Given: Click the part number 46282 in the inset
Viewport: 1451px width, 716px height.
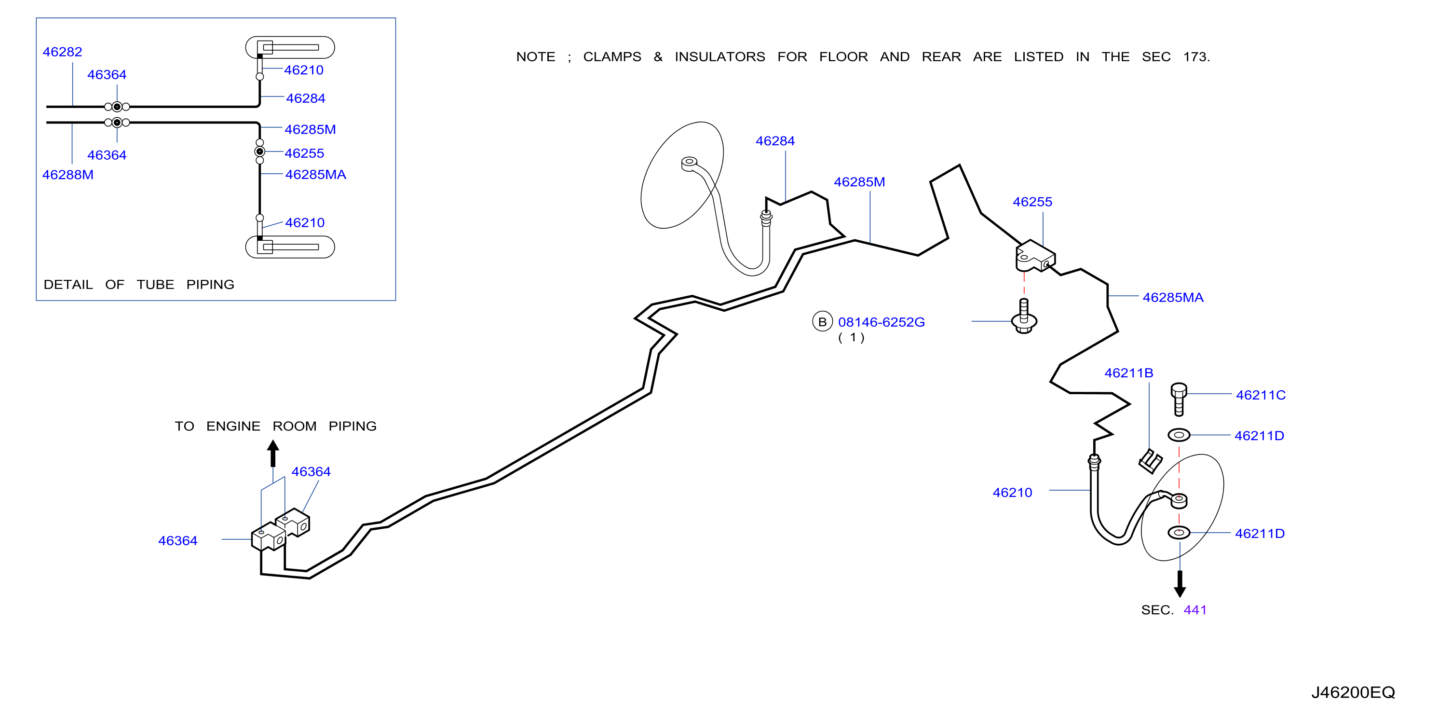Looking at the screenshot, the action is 63,52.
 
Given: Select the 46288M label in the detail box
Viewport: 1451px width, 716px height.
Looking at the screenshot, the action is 68,175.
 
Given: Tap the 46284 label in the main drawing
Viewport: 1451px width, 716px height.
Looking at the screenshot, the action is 775,141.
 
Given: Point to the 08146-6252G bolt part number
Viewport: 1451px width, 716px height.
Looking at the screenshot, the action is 881,322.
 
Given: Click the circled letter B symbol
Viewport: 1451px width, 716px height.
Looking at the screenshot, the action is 822,321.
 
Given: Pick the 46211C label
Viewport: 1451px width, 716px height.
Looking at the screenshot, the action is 1261,395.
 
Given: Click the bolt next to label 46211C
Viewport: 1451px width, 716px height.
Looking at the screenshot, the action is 1179,399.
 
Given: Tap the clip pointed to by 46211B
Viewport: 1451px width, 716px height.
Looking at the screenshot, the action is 1150,461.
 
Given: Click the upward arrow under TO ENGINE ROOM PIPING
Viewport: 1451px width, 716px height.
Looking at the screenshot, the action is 273,453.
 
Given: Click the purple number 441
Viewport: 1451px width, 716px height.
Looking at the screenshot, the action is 1195,610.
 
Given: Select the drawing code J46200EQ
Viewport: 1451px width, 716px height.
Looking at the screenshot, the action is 1353,692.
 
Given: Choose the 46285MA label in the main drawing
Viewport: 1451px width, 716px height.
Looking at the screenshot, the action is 1173,298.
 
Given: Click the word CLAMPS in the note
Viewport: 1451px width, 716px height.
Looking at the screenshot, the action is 612,57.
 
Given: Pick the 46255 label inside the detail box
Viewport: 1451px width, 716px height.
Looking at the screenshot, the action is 304,153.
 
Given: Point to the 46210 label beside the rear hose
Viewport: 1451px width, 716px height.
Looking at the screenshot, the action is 1012,493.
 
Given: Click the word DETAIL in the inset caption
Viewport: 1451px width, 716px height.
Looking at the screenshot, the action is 68,285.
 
